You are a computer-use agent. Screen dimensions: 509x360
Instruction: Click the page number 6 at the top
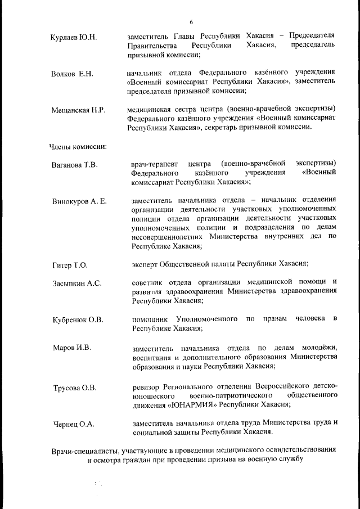click(191, 22)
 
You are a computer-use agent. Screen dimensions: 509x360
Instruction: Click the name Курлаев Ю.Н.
click(74, 38)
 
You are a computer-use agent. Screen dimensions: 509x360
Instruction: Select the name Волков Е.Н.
click(72, 74)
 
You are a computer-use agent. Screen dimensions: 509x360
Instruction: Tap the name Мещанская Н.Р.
click(78, 110)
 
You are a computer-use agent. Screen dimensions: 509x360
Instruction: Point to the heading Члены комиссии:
click(78, 147)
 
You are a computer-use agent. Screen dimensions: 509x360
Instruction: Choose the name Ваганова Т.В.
click(75, 165)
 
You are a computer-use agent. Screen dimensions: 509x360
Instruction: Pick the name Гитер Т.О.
click(70, 264)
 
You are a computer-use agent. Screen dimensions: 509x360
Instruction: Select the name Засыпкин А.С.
click(77, 283)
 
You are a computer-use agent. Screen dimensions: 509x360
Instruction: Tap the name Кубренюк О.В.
click(78, 320)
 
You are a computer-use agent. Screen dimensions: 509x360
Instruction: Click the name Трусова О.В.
click(75, 388)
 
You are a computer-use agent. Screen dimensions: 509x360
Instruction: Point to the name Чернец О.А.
click(73, 424)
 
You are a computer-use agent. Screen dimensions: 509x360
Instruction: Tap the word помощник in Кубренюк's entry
click(149, 319)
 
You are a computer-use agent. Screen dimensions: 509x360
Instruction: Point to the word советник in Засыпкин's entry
click(148, 282)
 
